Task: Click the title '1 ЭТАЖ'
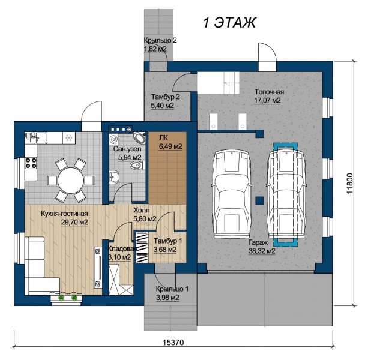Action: click(x=229, y=23)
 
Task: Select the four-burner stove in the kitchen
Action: click(x=31, y=163)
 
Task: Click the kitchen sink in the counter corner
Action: click(x=37, y=137)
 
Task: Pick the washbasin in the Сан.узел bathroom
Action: click(x=114, y=176)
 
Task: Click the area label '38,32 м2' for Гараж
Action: click(x=262, y=251)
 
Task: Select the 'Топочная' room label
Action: click(x=269, y=92)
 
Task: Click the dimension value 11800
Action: click(x=350, y=184)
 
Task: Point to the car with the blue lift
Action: click(x=285, y=193)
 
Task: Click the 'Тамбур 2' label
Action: click(x=166, y=97)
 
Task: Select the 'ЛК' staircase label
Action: click(x=163, y=138)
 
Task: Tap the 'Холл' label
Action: click(x=142, y=210)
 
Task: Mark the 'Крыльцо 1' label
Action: click(x=172, y=289)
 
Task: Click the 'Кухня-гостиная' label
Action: click(x=64, y=214)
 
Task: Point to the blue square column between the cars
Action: click(x=259, y=200)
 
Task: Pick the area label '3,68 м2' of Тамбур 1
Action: click(x=165, y=250)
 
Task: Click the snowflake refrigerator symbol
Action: click(x=68, y=137)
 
